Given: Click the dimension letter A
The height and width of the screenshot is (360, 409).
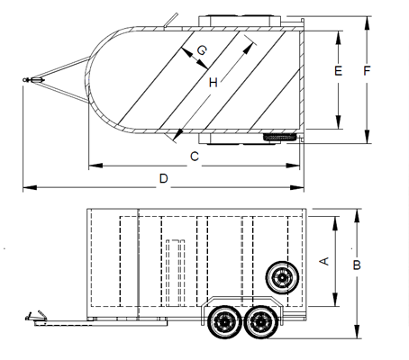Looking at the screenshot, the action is click(x=324, y=261).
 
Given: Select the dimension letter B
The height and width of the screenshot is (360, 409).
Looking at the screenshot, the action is click(x=357, y=265).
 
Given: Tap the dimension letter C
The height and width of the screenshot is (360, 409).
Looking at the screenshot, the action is click(x=195, y=157).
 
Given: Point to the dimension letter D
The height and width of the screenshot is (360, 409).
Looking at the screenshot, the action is click(x=163, y=179).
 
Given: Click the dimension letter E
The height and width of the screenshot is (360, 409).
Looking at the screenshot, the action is click(x=338, y=71).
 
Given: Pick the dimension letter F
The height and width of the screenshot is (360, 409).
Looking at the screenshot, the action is click(x=367, y=71).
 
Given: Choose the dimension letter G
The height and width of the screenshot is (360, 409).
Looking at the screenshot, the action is click(x=202, y=50).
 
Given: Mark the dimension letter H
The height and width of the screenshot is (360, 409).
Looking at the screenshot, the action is click(x=214, y=82).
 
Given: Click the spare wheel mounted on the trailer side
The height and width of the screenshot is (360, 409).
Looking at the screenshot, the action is click(x=282, y=277).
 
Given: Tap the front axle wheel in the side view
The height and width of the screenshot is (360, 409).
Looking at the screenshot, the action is click(x=224, y=322).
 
